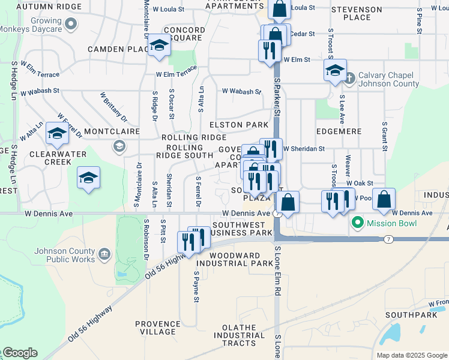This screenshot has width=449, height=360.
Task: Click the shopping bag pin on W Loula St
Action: [x=279, y=9]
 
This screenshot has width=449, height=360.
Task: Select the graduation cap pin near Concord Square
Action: [x=159, y=46]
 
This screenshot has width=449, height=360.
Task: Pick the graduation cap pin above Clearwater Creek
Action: [x=57, y=134]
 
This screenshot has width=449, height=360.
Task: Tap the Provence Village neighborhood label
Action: [x=158, y=328]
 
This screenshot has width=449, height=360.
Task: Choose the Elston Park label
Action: [x=238, y=125]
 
